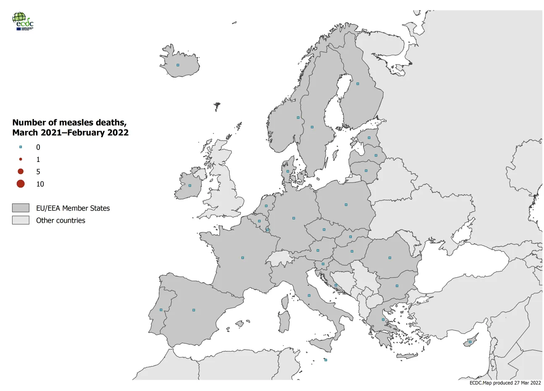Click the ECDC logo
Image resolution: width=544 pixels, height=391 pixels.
click(x=23, y=21)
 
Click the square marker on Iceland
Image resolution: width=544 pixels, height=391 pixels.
click(x=178, y=65)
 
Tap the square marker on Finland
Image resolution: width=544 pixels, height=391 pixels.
click(x=358, y=83)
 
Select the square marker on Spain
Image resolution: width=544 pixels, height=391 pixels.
click(x=194, y=310)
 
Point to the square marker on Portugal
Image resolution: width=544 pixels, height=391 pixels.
click(x=161, y=310)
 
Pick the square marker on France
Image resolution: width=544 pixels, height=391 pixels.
click(x=243, y=258)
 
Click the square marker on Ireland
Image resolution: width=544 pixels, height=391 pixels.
click(x=190, y=185)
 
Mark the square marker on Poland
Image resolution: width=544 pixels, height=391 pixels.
click(x=346, y=205)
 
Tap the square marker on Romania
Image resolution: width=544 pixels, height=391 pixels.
click(x=390, y=258)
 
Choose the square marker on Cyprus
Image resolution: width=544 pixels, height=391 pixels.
click(x=470, y=342)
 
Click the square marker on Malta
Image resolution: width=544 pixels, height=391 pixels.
click(x=326, y=360)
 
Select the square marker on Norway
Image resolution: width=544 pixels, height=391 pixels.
click(x=298, y=117)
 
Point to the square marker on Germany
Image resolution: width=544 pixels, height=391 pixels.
click(x=293, y=218)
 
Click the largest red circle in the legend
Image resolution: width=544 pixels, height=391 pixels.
click(x=21, y=184)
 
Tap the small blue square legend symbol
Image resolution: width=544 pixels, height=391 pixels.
click(x=21, y=147)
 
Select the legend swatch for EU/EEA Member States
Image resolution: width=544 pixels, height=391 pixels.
click(x=21, y=208)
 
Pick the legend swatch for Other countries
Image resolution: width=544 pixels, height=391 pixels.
click(x=21, y=220)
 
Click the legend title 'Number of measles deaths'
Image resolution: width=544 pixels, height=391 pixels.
click(x=69, y=123)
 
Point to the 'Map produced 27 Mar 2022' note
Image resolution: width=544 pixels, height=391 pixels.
click(x=505, y=383)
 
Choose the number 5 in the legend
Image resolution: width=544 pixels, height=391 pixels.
click(x=38, y=172)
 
